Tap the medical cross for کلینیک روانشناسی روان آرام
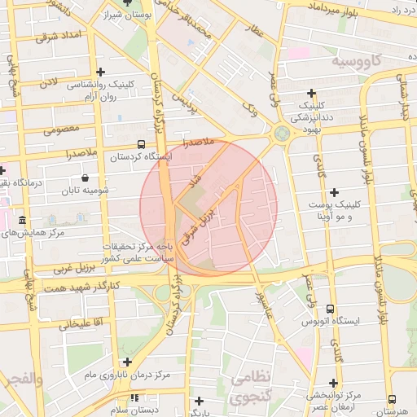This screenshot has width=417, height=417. (x=99, y=72)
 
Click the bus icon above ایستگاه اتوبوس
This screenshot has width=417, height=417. (x=330, y=309)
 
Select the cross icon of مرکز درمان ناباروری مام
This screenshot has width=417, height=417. (x=126, y=362)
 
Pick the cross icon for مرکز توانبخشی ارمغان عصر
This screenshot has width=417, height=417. (x=331, y=383)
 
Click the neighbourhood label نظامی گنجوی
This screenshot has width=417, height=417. (x=252, y=387)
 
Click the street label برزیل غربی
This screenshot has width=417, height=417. (x=75, y=266)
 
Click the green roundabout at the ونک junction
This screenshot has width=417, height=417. (x=282, y=133)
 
